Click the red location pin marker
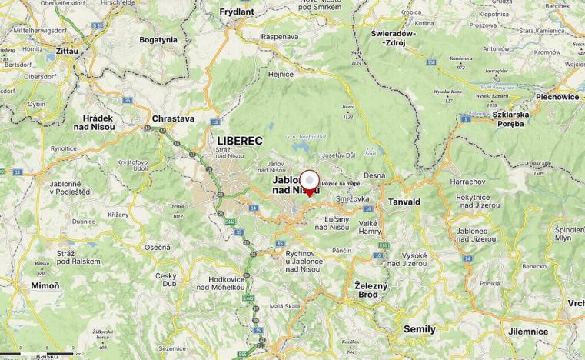[309, 182]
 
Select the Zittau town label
[67, 51]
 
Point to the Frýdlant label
[236, 12]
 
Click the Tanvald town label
[404, 202]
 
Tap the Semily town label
[420, 329]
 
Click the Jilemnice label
[528, 332]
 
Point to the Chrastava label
[173, 120]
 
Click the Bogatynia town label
[158, 38]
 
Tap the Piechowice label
[557, 98]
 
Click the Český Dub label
[166, 279]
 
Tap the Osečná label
[158, 247]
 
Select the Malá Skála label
[282, 306]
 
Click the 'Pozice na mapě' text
[341, 185]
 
